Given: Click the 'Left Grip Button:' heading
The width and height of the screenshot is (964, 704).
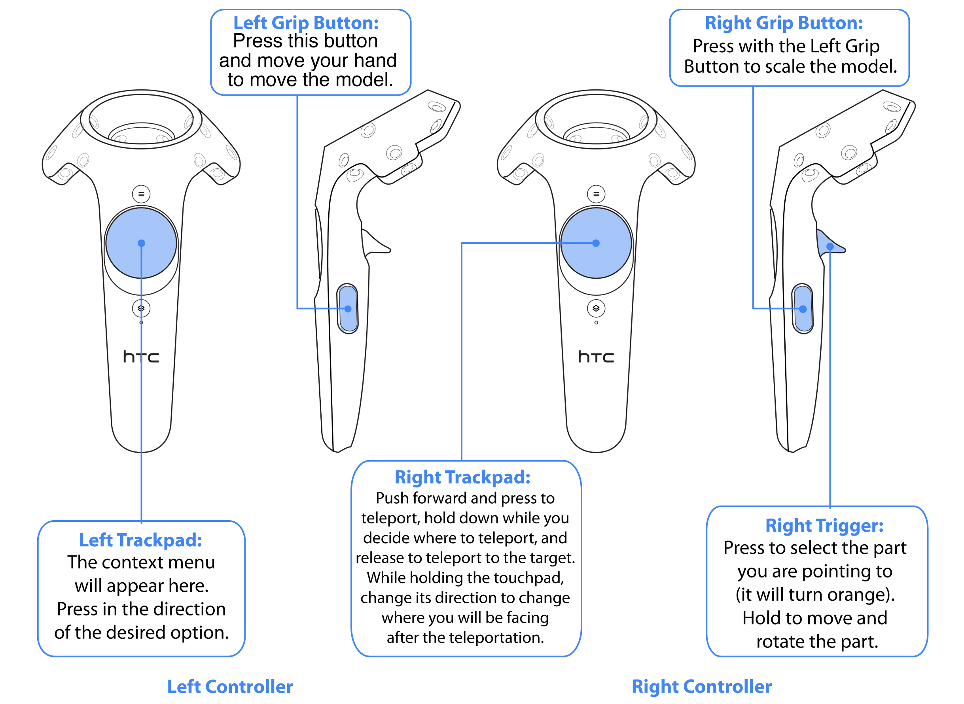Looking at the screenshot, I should pos(306,23).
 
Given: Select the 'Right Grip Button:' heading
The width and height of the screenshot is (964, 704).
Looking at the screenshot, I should pos(784,23).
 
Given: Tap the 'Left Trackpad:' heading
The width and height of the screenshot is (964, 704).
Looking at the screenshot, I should pos(141,540).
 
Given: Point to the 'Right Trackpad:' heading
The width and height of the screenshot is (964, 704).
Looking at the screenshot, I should pos(462,477).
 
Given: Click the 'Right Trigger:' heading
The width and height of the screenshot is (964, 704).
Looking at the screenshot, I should pos(824,525).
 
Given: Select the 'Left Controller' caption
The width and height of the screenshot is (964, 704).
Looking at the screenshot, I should pos(230,687).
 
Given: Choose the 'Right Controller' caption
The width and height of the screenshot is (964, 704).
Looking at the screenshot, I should pos(701,687).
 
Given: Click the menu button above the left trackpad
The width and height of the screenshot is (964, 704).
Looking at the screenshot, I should pos(141,194).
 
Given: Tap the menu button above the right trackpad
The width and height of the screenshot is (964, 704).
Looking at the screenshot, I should pos(596,194).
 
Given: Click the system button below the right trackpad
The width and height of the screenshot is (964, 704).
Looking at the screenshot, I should pos(596,308).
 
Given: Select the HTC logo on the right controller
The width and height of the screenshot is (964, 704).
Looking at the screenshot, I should pos(596,357).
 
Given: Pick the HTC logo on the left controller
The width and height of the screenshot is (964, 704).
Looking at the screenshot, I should pos(141,357).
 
